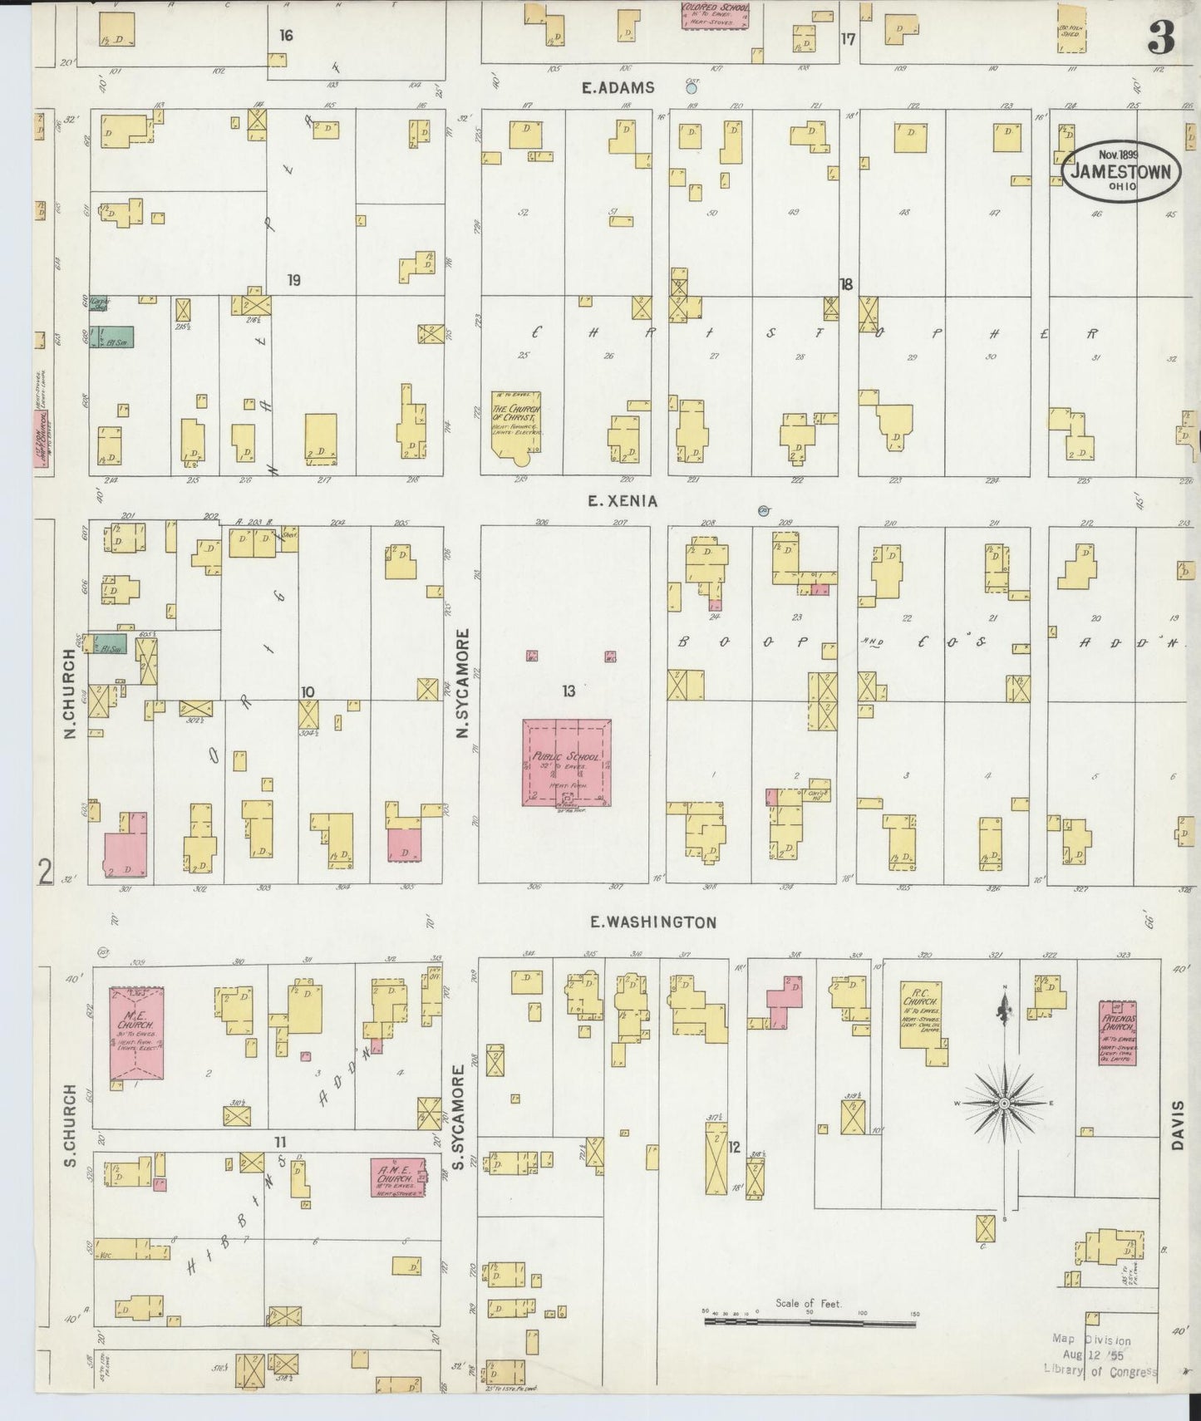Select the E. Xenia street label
tap(622, 501)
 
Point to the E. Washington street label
tap(652, 922)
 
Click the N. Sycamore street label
tap(463, 683)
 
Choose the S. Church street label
tap(71, 1124)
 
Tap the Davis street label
tap(1176, 1125)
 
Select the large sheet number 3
tap(1161, 38)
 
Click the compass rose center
tap(1004, 1102)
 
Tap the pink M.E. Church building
tap(136, 1034)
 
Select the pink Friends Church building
tap(1118, 1033)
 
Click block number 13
tap(569, 691)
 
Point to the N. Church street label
tap(71, 694)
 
